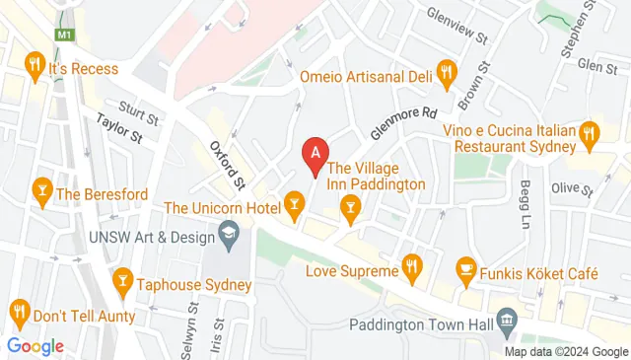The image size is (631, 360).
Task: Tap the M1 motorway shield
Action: point(64,35)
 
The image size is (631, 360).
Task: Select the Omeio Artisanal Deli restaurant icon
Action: point(447,70)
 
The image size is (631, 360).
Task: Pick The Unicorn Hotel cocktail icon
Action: point(293,204)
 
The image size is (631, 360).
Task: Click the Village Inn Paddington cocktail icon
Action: point(348,205)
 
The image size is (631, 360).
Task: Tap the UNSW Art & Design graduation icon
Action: point(230,234)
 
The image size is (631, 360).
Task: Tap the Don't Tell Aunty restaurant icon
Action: point(20,315)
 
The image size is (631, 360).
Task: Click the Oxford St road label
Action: point(228,164)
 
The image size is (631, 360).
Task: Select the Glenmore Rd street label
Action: point(402,123)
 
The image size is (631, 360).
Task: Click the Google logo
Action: point(35,345)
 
